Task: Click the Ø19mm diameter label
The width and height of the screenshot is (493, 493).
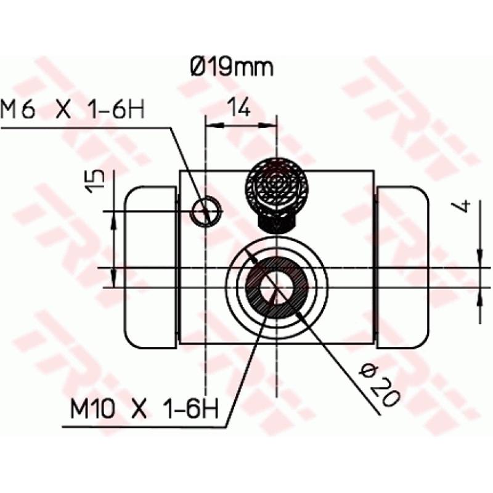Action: [x=231, y=67]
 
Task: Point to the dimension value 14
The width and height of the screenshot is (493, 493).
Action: [x=240, y=109]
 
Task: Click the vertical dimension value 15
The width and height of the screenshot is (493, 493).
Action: [x=96, y=182]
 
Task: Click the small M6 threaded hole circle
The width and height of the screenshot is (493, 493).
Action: [x=205, y=212]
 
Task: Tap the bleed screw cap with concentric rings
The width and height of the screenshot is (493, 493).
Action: [x=277, y=185]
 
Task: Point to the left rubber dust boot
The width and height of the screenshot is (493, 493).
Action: [x=150, y=267]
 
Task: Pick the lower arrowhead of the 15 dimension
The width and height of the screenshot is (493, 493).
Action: [x=114, y=280]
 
